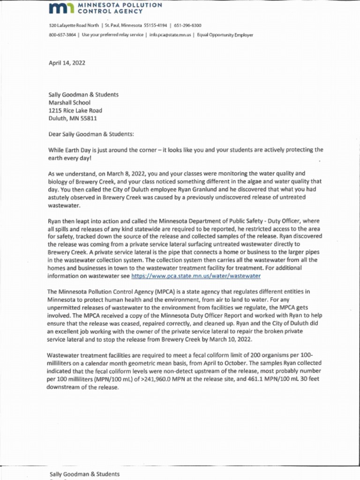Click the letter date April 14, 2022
pos(67,63)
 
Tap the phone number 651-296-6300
pos(187,25)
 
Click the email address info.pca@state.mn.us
pos(170,35)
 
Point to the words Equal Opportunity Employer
pos(225,35)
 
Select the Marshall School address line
pos(69,103)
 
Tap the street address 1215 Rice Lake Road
pos(75,111)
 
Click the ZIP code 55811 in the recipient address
pos(89,119)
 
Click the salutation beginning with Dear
pos(91,134)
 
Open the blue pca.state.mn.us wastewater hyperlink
pos(196,276)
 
